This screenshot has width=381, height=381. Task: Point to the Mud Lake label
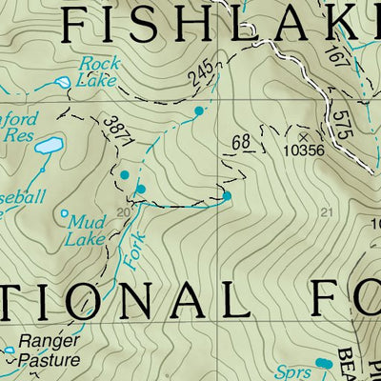(86, 230)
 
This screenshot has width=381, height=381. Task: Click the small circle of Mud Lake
(65, 213)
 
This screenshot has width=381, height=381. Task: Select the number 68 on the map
(240, 144)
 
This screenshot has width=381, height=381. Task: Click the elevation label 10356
(305, 150)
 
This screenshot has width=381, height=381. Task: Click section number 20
(122, 211)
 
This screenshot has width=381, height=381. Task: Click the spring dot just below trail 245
(199, 111)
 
